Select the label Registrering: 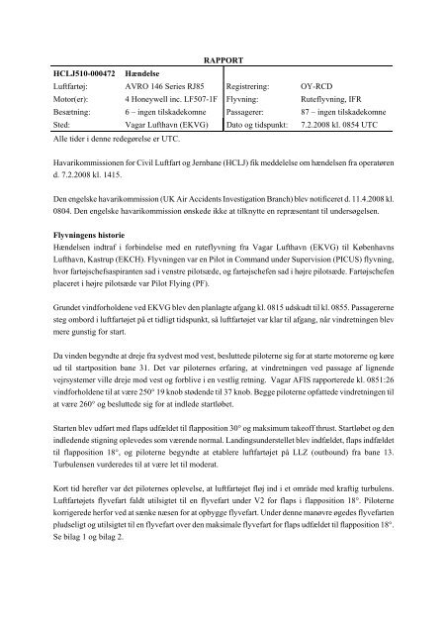click(254, 86)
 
